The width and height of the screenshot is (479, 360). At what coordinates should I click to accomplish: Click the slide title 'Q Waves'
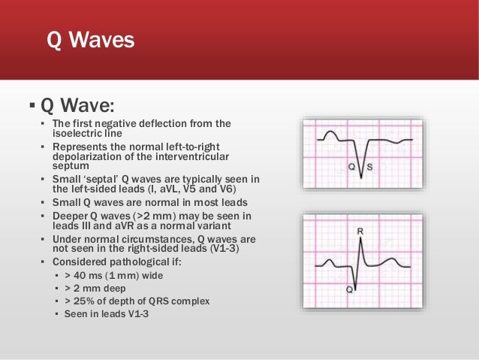tap(90, 39)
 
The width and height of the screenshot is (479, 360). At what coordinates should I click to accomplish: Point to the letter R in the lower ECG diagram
tap(360, 232)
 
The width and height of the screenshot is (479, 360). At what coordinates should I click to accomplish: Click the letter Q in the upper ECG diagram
tap(351, 165)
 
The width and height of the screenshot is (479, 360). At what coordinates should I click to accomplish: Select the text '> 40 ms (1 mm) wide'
tap(113, 274)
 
